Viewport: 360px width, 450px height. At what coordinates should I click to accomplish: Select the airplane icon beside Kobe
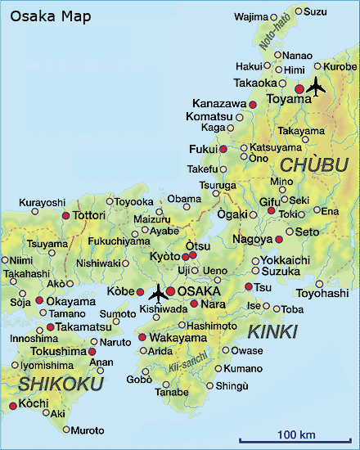(x=157, y=292)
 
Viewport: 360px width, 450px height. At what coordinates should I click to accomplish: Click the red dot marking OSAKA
(x=170, y=291)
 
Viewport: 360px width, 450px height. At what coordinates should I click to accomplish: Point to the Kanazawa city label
(x=219, y=104)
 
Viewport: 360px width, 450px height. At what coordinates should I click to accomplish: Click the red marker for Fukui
(x=223, y=149)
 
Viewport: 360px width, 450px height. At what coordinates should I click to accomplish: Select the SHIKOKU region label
(x=51, y=384)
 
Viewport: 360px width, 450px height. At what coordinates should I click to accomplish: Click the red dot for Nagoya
(x=279, y=239)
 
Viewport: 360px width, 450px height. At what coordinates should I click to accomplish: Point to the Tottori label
(x=89, y=215)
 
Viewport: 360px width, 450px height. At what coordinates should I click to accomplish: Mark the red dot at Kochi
(x=12, y=405)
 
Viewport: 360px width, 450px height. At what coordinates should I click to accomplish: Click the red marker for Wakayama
(x=142, y=337)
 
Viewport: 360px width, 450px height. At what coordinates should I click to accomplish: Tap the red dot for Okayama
(x=39, y=300)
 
